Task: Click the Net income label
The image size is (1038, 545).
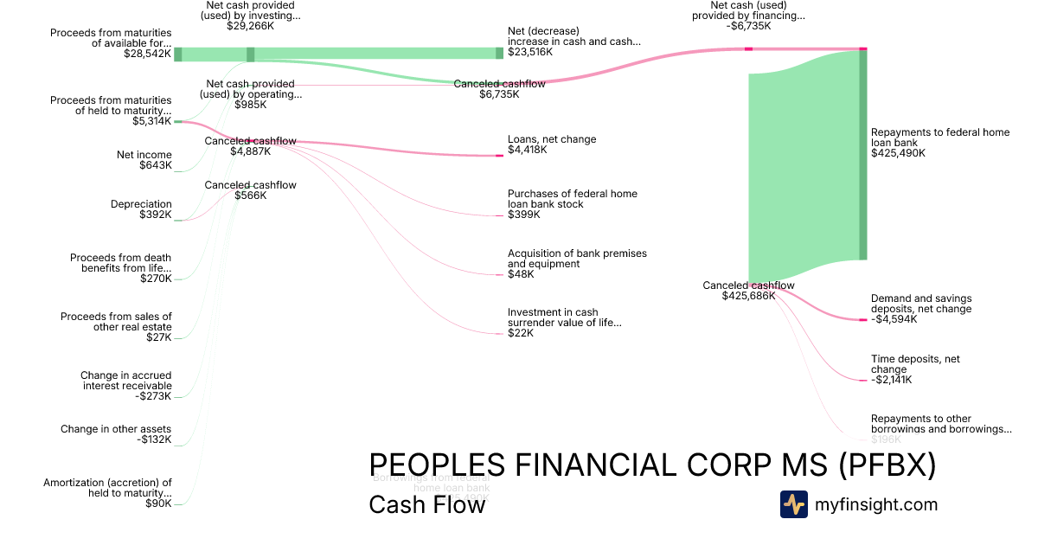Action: coord(144,155)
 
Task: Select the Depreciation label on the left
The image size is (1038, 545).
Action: coord(141,204)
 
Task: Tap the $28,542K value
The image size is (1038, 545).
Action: coord(148,53)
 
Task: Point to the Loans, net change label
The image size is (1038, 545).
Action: coord(551,139)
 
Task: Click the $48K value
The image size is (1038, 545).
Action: coord(521,274)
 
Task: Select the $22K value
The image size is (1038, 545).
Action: coord(521,333)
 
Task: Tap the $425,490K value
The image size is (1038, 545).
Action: coord(898,153)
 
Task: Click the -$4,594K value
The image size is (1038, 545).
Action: coord(894,319)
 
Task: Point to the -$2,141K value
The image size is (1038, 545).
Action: coord(891,379)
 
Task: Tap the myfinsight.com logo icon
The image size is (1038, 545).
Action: coord(793,504)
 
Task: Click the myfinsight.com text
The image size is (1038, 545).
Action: coord(876,504)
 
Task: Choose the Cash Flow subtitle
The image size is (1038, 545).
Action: coord(426,504)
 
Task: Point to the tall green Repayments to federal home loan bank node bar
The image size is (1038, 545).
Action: coord(862,156)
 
